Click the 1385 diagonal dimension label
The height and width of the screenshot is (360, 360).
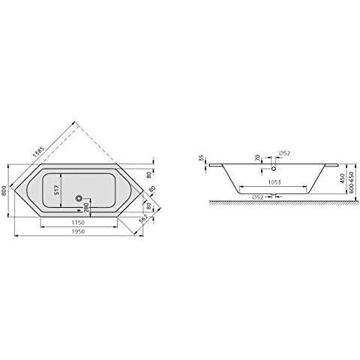point(39,151)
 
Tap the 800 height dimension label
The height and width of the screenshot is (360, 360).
point(4,191)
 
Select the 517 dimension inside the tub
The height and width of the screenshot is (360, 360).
point(56,190)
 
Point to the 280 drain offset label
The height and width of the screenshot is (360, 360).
point(86,207)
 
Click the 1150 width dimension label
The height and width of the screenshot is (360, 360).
point(78,222)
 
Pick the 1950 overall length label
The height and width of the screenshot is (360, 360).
point(78,232)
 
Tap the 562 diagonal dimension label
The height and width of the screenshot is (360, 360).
point(142,219)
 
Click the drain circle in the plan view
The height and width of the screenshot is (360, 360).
point(79,199)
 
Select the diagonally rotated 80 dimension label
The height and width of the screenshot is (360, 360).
point(151,190)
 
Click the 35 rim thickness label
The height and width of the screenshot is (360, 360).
point(202,158)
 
